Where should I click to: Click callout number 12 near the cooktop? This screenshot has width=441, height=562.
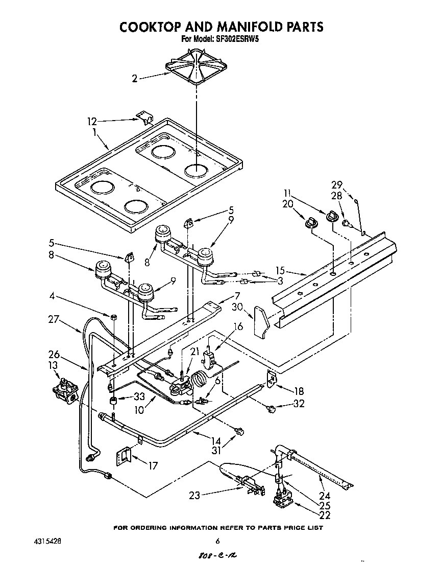[92, 122]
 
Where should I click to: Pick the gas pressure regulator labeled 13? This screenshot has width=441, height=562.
[65, 393]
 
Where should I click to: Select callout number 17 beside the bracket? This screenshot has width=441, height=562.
[152, 465]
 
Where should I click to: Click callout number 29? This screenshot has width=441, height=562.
[336, 184]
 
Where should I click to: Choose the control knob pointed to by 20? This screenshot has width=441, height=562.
[311, 221]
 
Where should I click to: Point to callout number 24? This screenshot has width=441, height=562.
[325, 495]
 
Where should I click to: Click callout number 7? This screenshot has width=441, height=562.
[237, 295]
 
